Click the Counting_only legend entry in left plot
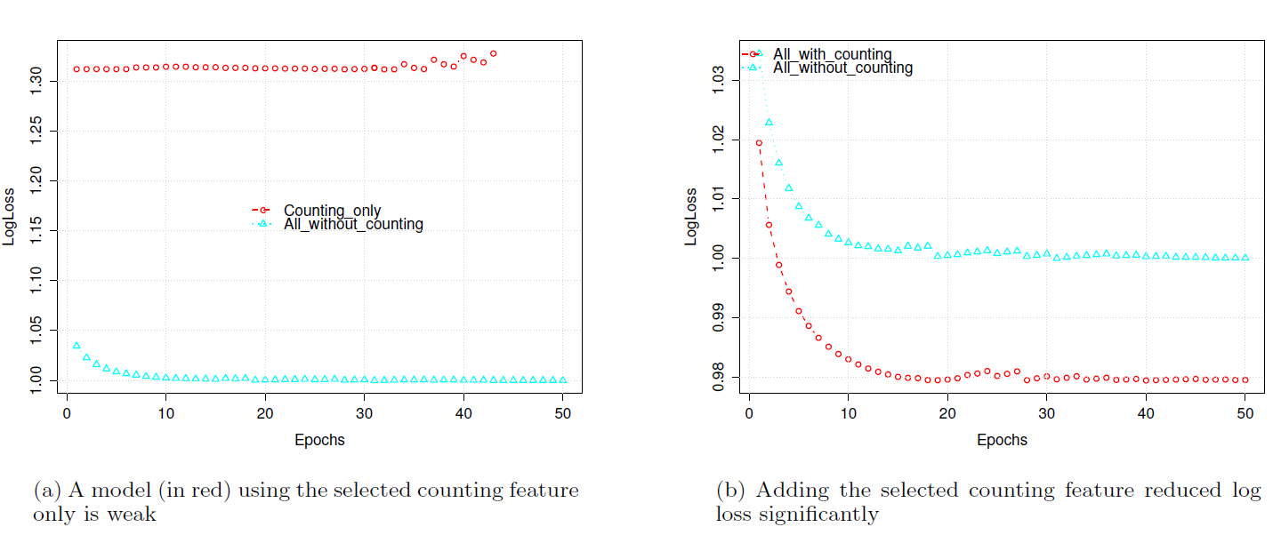[x=332, y=211]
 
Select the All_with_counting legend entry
[x=832, y=55]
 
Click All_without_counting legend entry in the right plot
[x=842, y=68]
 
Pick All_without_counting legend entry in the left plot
[x=353, y=224]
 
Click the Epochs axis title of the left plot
[x=319, y=440]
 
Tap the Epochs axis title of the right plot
[x=1002, y=440]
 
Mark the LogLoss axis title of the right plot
[x=691, y=216]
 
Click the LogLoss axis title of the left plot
[x=9, y=216]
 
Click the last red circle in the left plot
[x=493, y=53]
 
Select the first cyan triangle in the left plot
[x=77, y=345]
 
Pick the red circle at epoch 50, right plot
[x=1245, y=379]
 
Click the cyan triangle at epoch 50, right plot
[x=1245, y=258]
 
